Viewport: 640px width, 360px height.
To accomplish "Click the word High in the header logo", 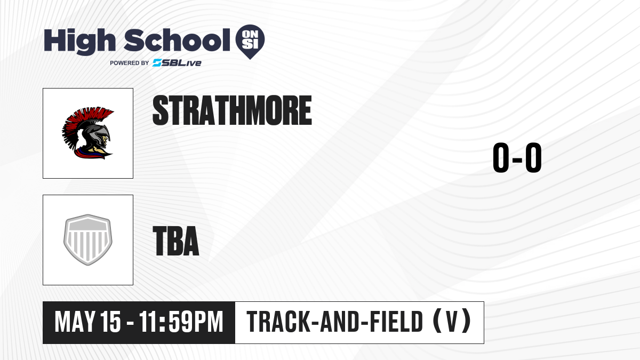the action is [80, 42].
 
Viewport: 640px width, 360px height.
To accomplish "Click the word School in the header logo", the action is [177, 40].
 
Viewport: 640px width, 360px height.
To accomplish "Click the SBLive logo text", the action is [177, 63].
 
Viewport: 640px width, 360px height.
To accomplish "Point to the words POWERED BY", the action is [130, 63].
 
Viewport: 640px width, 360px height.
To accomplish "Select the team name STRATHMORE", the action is [232, 110].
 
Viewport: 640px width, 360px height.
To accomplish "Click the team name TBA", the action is [176, 241].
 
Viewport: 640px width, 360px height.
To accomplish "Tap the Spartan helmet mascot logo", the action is [87, 133].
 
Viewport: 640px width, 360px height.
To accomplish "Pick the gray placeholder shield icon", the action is [87, 240].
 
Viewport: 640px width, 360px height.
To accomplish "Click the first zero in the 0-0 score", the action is [501, 158].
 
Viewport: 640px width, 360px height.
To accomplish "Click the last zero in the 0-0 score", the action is [533, 158].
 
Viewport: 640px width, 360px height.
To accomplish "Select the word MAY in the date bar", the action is [75, 322].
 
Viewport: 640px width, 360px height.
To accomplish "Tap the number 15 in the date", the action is [111, 322].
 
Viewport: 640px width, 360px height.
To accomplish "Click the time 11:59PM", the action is [181, 322].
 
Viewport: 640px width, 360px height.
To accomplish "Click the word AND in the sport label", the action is [340, 322].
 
